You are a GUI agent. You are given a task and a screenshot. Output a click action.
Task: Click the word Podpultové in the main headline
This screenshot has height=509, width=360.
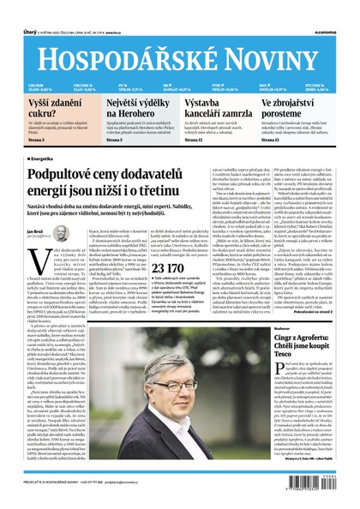(71, 175)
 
